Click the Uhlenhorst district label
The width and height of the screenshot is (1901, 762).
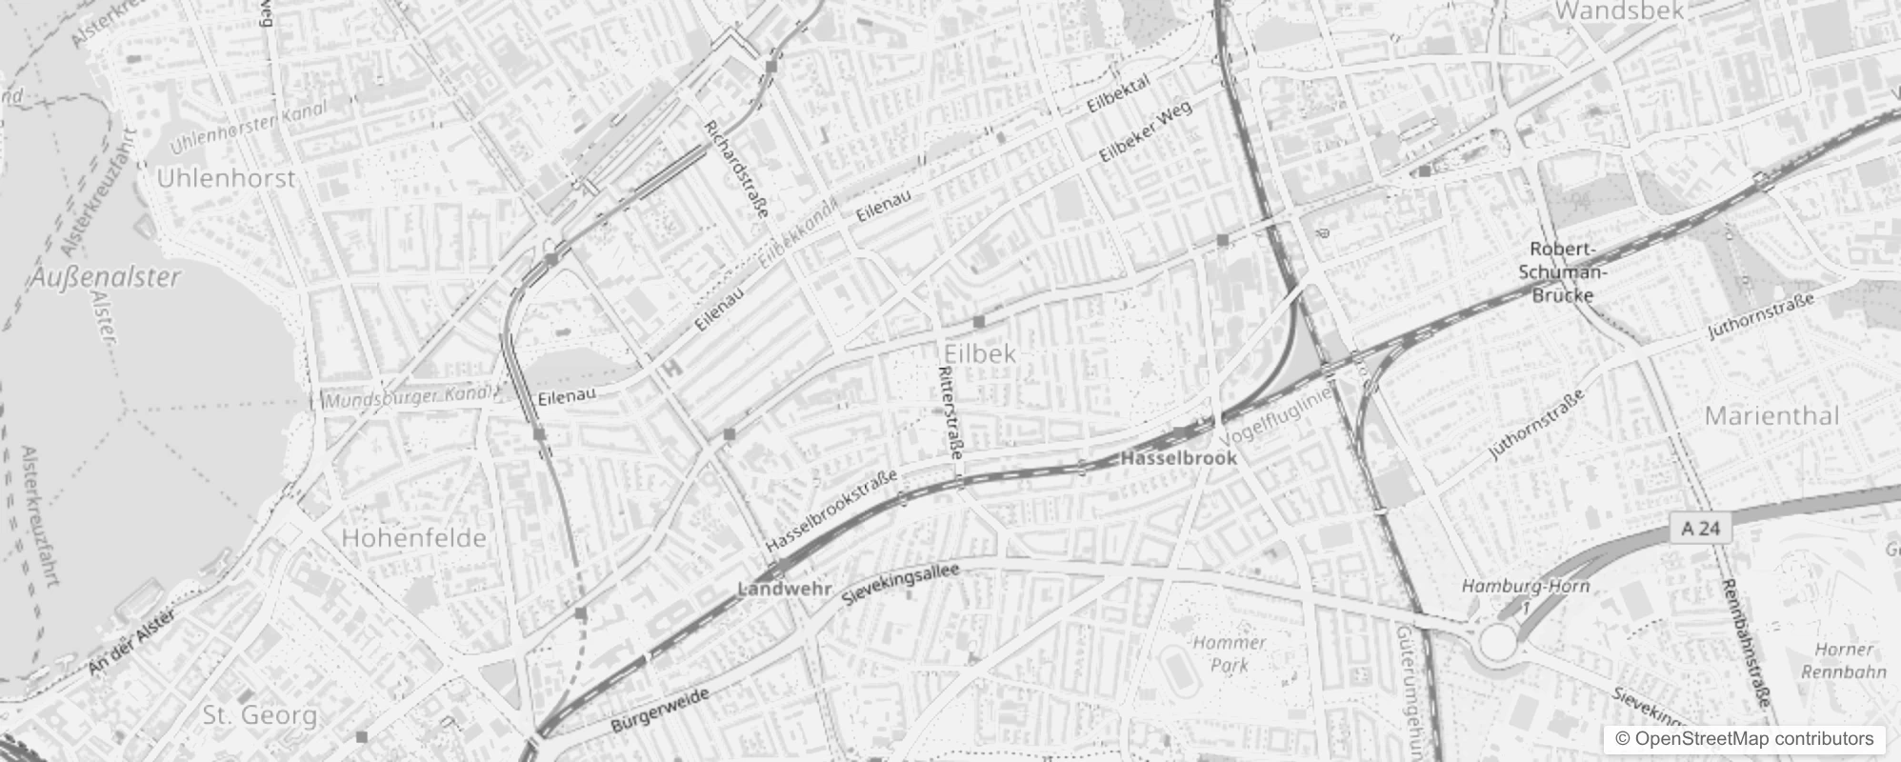pyautogui.click(x=226, y=178)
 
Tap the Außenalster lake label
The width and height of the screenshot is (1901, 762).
pyautogui.click(x=105, y=278)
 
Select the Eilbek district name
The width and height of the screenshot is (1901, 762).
pyautogui.click(x=980, y=353)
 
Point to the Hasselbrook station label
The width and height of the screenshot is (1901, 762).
pyautogui.click(x=1179, y=458)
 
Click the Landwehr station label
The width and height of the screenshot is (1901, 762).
pyautogui.click(x=785, y=590)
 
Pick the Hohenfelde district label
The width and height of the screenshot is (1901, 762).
pyautogui.click(x=413, y=538)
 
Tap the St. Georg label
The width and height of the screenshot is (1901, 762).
pyautogui.click(x=259, y=714)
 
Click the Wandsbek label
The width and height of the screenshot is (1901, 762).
pyautogui.click(x=1619, y=11)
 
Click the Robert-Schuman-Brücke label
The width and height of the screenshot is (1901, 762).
pyautogui.click(x=1562, y=271)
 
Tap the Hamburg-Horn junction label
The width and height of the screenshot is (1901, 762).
pyautogui.click(x=1526, y=586)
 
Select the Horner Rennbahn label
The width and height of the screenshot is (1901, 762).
pyautogui.click(x=1844, y=660)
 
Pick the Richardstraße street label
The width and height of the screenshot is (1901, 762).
pyautogui.click(x=736, y=169)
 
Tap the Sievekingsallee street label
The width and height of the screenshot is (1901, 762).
pyautogui.click(x=901, y=583)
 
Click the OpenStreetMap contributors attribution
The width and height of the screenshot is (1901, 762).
pyautogui.click(x=1743, y=739)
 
